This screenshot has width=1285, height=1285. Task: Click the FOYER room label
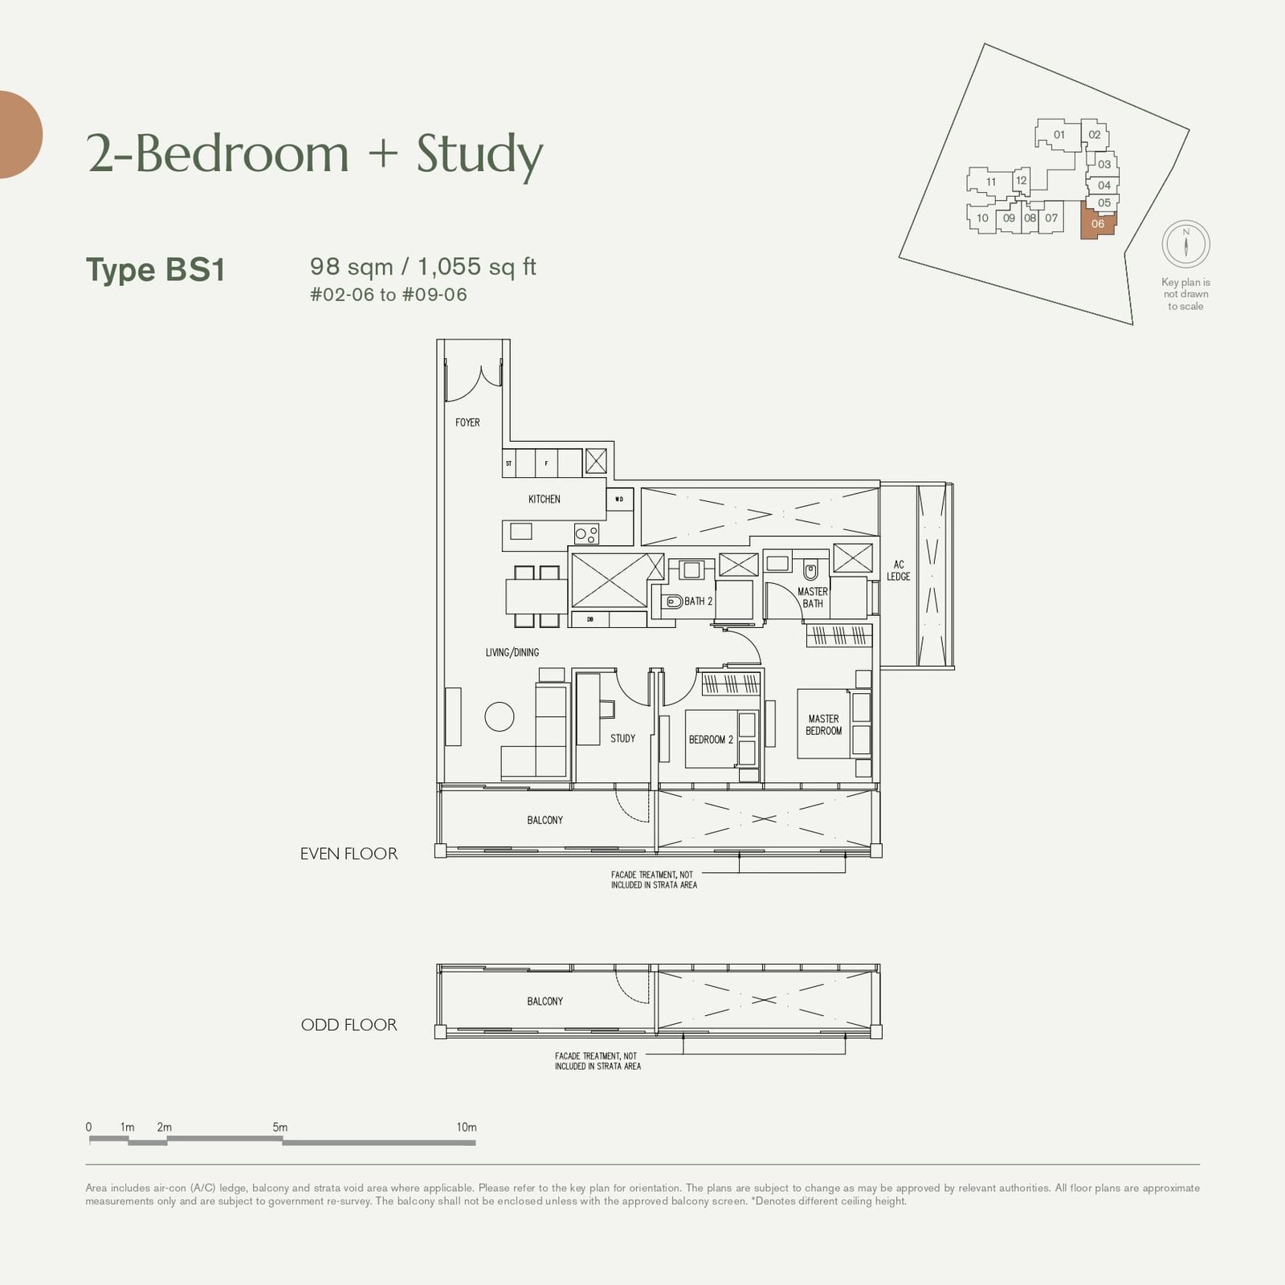(467, 422)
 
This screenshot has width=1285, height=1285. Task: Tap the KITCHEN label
(544, 500)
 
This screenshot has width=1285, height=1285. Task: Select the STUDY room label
(622, 738)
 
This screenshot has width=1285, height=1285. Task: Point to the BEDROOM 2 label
(710, 740)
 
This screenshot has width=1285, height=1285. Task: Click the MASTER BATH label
(812, 598)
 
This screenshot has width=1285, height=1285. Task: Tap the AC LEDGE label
(898, 571)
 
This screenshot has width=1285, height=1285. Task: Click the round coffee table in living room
(499, 716)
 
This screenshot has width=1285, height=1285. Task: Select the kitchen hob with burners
(586, 533)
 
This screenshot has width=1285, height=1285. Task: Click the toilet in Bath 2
(672, 602)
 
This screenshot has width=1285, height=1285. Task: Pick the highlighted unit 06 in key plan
(1098, 224)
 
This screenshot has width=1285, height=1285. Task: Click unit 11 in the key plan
(990, 182)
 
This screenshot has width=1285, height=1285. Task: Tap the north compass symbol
(1185, 244)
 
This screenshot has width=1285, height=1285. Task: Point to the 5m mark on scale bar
(280, 1128)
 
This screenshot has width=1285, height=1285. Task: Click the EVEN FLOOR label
(349, 855)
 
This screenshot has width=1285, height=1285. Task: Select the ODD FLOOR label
(349, 1026)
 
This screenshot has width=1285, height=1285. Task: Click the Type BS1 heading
(156, 270)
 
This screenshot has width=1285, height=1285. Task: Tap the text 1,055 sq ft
(476, 267)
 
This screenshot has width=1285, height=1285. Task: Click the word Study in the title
(479, 154)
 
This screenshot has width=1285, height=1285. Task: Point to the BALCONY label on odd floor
(545, 1001)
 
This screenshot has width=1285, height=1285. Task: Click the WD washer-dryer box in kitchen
(619, 500)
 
